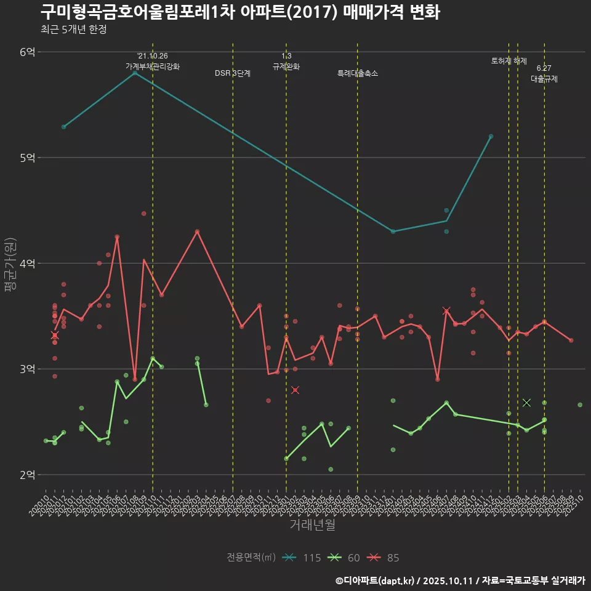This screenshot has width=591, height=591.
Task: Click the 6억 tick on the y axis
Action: (28, 52)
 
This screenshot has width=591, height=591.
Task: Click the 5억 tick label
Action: (28, 158)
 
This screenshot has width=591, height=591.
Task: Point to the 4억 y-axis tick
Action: (28, 263)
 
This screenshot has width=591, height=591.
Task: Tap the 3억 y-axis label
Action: (28, 369)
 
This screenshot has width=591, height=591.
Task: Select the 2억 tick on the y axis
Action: (28, 475)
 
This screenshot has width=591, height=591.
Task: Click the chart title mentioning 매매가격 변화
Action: (240, 12)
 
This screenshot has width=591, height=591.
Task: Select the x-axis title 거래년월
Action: (312, 525)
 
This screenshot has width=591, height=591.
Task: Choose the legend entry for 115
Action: (302, 558)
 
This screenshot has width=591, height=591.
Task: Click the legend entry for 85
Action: (384, 558)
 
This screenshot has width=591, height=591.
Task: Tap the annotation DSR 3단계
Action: (233, 73)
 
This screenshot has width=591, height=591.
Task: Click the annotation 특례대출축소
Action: (358, 73)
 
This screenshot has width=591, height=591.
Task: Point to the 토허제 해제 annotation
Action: (509, 61)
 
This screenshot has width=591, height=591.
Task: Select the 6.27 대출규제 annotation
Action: (544, 74)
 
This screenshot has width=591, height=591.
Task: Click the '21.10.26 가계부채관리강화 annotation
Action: (153, 61)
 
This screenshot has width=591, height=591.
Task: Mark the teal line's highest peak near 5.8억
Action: (135, 73)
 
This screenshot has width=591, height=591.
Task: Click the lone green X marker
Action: (526, 403)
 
